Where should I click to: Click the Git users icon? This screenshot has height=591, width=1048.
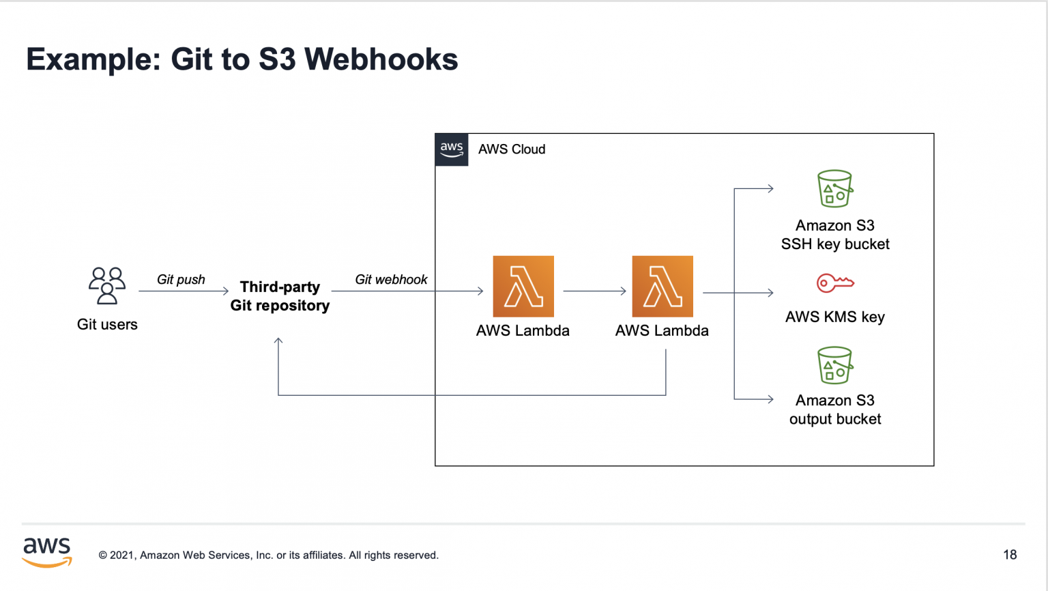pyautogui.click(x=107, y=285)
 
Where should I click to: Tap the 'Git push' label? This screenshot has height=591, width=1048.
pyautogui.click(x=181, y=279)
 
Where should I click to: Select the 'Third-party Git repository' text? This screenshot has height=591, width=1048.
pyautogui.click(x=280, y=296)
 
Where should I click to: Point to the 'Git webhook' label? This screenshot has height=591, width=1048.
pyautogui.click(x=391, y=279)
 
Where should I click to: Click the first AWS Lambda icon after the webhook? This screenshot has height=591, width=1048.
pyautogui.click(x=523, y=287)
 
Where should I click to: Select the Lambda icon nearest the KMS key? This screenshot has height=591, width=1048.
pyautogui.click(x=663, y=287)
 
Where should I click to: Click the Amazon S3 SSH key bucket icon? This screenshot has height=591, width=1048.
pyautogui.click(x=834, y=188)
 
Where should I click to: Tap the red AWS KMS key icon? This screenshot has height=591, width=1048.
pyautogui.click(x=835, y=283)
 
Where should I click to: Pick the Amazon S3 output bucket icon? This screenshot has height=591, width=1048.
pyautogui.click(x=834, y=366)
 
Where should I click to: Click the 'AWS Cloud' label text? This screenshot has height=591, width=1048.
pyautogui.click(x=512, y=149)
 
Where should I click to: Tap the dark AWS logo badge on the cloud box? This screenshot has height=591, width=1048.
pyautogui.click(x=452, y=149)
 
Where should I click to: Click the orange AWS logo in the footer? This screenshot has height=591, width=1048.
pyautogui.click(x=47, y=552)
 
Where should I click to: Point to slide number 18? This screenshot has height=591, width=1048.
pyautogui.click(x=1010, y=555)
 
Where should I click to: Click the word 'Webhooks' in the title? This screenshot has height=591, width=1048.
pyautogui.click(x=381, y=59)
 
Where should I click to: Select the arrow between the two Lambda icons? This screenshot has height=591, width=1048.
pyautogui.click(x=594, y=291)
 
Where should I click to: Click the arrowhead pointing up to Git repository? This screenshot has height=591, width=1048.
pyautogui.click(x=278, y=341)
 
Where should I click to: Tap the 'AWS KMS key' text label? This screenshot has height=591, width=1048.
pyautogui.click(x=834, y=317)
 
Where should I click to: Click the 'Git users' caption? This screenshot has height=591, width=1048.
pyautogui.click(x=107, y=324)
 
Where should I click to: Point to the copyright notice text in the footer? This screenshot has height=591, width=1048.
pyautogui.click(x=269, y=556)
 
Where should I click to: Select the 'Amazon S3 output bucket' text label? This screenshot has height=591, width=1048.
pyautogui.click(x=834, y=409)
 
